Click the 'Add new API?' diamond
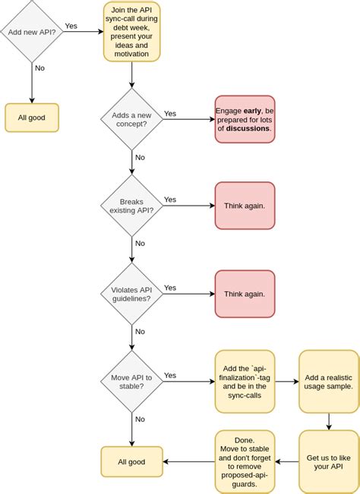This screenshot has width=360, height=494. [x=32, y=32]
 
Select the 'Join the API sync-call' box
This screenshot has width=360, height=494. [x=132, y=32]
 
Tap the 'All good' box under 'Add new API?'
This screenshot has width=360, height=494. [x=32, y=118]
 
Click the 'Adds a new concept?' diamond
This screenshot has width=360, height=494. [x=132, y=118]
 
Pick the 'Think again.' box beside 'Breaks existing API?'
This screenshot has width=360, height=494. [x=245, y=206]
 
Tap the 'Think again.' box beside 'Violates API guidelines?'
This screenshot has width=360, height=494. [x=245, y=293]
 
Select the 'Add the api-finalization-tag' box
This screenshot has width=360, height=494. [x=245, y=381]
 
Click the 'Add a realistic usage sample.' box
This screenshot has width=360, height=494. [x=328, y=381]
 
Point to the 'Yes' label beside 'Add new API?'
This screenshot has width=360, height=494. [x=71, y=26]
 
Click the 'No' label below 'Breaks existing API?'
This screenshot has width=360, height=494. [x=140, y=244]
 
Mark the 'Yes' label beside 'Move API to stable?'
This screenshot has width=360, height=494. [x=170, y=375]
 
